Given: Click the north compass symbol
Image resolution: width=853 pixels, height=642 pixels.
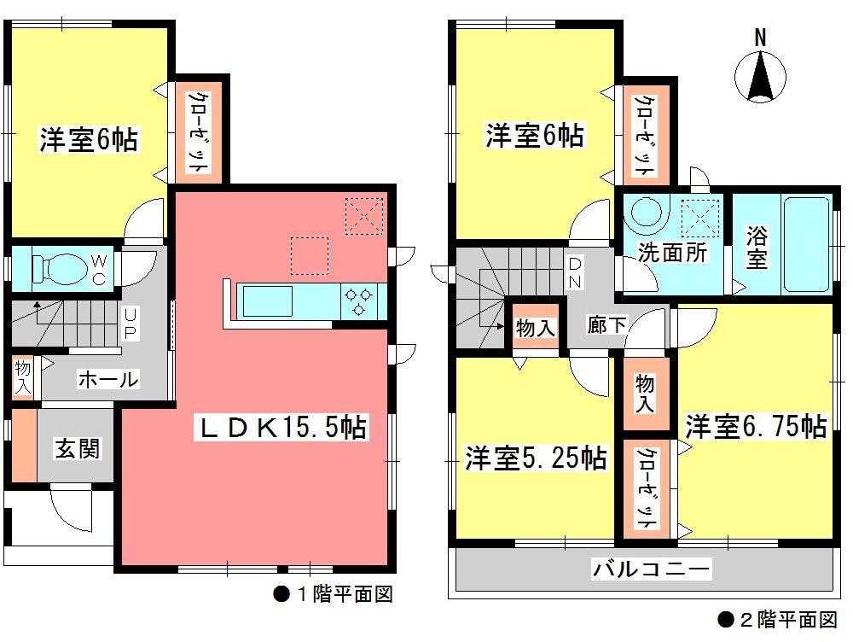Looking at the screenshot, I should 759,76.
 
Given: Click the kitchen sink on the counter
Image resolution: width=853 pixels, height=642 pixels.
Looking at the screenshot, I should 268,301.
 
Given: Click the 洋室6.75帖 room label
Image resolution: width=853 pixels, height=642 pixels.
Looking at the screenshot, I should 756,426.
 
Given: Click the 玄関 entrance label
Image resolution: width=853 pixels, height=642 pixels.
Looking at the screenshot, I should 76,448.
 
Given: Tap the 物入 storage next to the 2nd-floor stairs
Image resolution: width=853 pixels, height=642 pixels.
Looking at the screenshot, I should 536,327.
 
